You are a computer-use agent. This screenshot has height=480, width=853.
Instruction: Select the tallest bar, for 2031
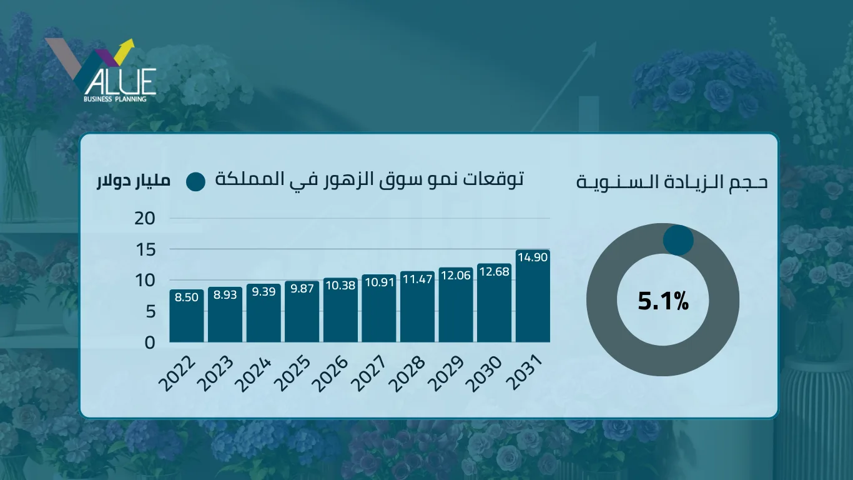click(533, 297)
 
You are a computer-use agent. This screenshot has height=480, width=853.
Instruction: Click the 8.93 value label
click(225, 295)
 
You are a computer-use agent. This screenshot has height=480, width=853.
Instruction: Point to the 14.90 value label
click(533, 257)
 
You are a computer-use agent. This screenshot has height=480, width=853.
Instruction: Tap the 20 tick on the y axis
click(144, 218)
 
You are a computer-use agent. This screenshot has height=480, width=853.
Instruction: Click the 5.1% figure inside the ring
click(663, 302)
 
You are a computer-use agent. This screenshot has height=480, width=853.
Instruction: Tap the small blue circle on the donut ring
click(678, 241)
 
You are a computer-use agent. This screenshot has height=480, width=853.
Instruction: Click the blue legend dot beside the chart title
click(195, 182)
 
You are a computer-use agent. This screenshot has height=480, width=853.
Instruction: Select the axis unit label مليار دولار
click(133, 182)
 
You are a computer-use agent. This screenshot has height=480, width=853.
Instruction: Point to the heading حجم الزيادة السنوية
click(672, 182)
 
